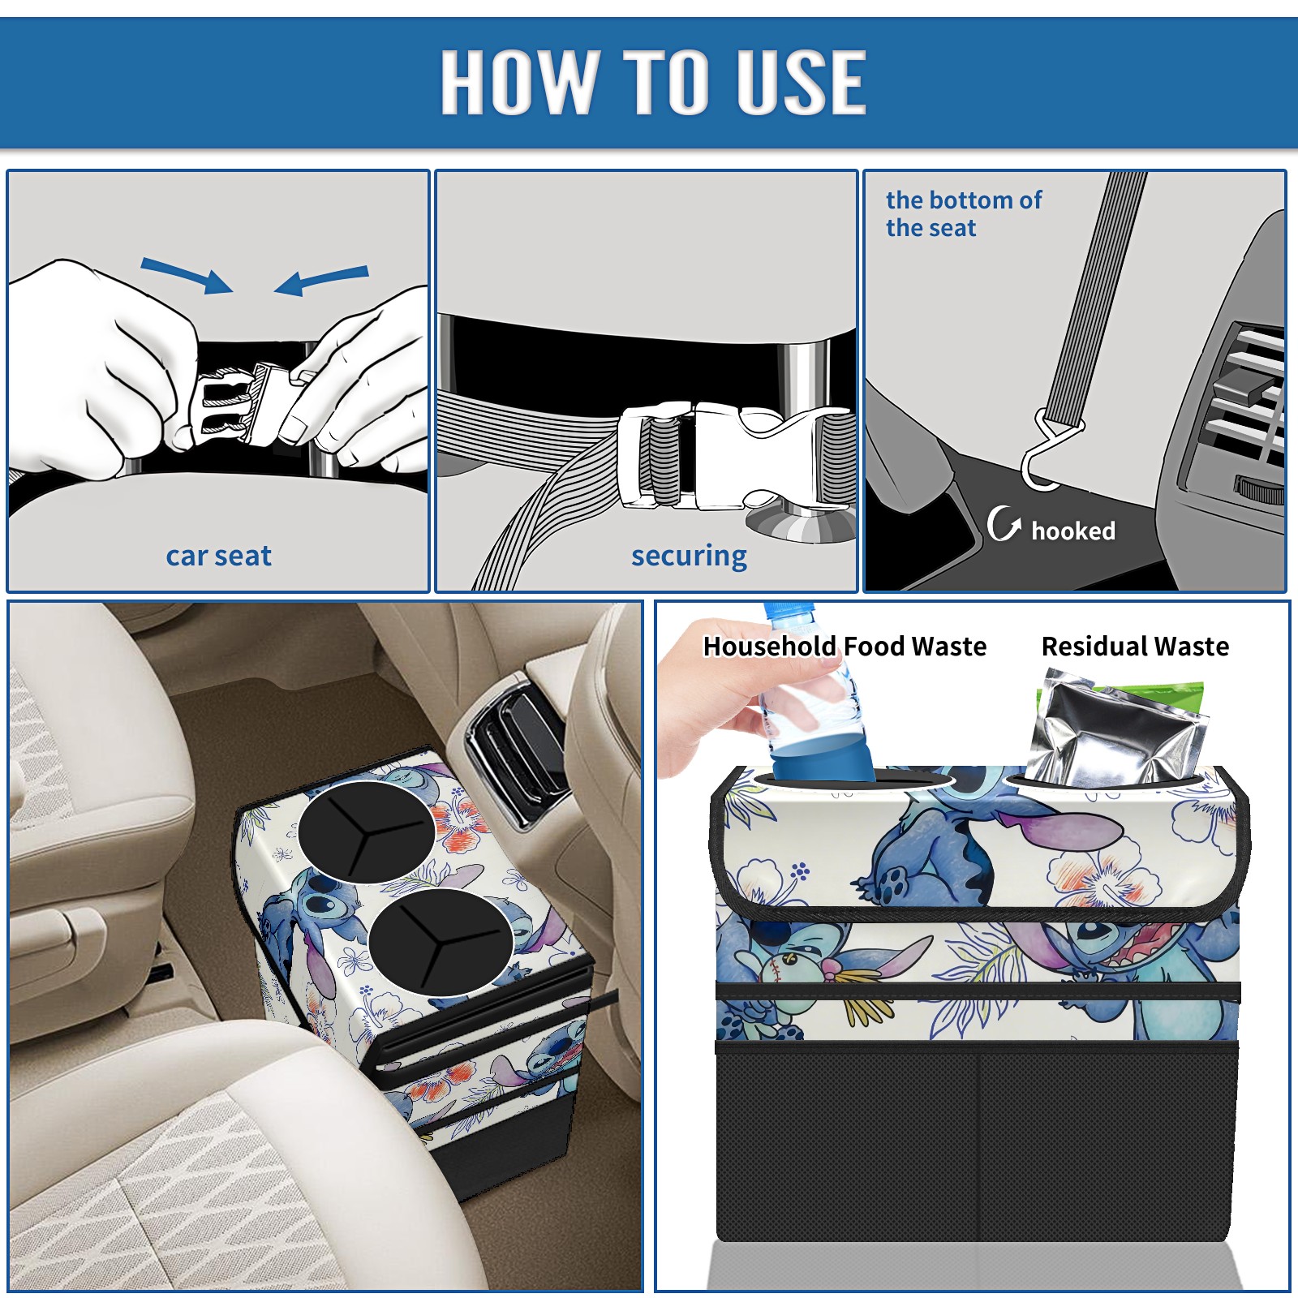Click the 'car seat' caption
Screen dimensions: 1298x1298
(x=218, y=556)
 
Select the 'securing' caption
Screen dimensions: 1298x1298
(x=689, y=557)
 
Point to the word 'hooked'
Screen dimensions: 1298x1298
(x=1073, y=531)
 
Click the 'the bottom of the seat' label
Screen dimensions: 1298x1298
(x=963, y=213)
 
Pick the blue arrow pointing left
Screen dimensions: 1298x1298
(x=321, y=280)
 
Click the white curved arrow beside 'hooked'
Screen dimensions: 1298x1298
(x=1004, y=523)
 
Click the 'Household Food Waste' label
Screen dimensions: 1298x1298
(x=845, y=646)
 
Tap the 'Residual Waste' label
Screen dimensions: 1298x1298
(x=1135, y=646)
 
